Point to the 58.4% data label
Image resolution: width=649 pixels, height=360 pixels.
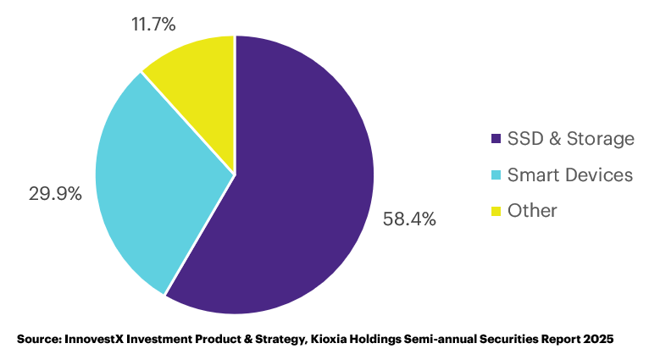pyautogui.click(x=409, y=220)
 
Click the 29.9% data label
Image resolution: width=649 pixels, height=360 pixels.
pyautogui.click(x=55, y=193)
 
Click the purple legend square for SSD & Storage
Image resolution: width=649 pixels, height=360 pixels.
pyautogui.click(x=496, y=139)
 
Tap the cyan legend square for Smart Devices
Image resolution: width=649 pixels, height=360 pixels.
pyautogui.click(x=496, y=175)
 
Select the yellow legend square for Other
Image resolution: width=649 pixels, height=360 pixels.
pyautogui.click(x=496, y=211)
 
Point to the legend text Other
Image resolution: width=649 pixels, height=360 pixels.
pyautogui.click(x=532, y=211)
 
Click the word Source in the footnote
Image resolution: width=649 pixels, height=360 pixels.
pyautogui.click(x=37, y=339)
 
